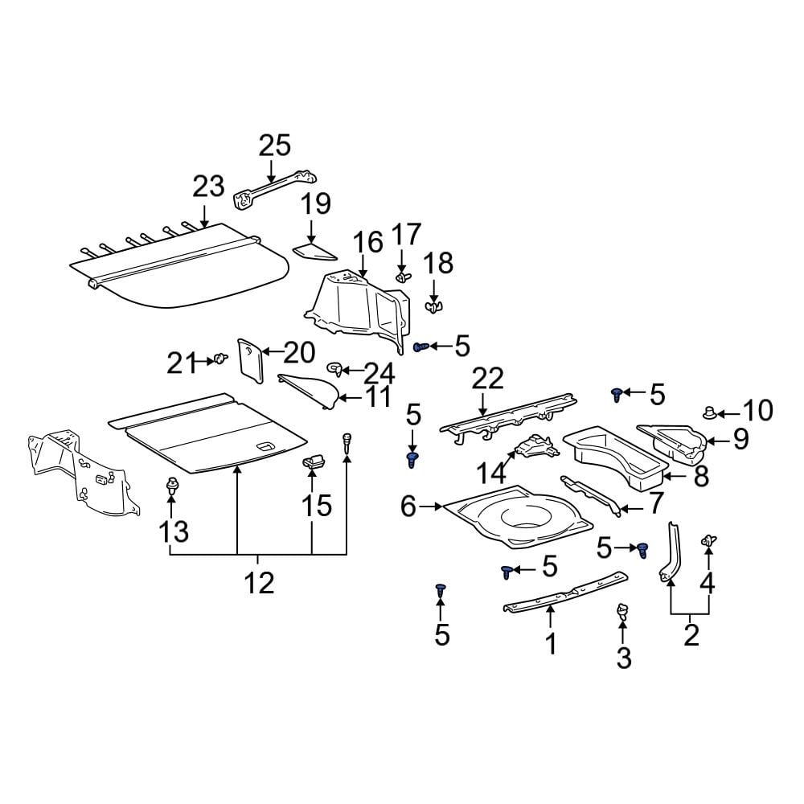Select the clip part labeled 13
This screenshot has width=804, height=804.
coord(170,486)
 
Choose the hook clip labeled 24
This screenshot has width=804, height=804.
coord(335,370)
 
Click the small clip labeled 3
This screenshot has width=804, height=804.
coord(621,613)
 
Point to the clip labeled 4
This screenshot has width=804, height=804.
coord(708,541)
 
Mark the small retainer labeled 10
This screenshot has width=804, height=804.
coord(710,413)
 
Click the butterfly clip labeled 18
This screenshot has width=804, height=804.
coord(433,306)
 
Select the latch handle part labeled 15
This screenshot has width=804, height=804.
coord(314,461)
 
